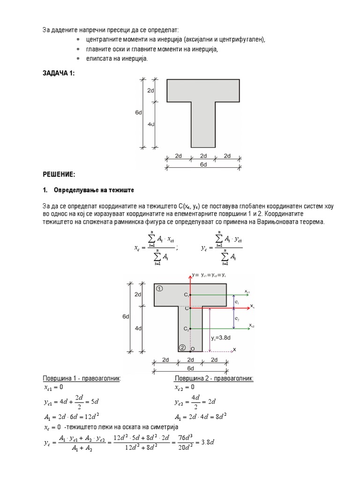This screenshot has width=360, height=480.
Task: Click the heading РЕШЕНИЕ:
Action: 59,174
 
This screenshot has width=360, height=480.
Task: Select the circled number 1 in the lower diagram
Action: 160,289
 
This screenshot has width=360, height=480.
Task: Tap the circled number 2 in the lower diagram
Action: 182,347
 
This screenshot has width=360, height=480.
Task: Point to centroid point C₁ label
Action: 186,295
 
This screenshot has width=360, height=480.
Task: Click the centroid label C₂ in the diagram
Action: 186,328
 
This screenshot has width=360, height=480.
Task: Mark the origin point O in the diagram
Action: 192,349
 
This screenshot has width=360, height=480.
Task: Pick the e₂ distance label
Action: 237,319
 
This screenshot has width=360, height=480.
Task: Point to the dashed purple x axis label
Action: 234,350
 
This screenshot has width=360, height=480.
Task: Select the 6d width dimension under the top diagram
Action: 203,165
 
